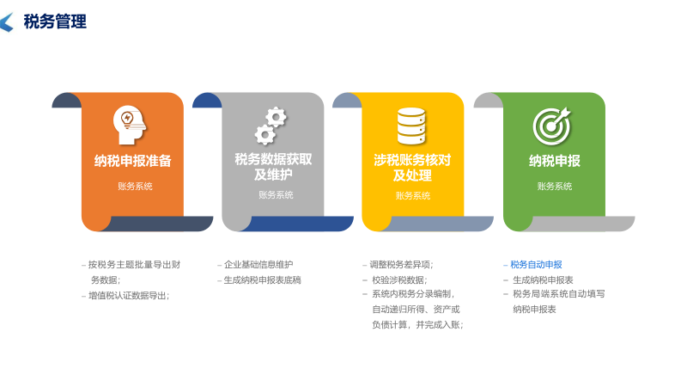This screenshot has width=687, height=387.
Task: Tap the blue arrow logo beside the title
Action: (x=7, y=22)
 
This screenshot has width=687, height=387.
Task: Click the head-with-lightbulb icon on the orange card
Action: (x=130, y=125)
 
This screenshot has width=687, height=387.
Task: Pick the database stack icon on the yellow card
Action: (x=411, y=126)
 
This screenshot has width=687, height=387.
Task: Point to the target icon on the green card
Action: (x=551, y=126)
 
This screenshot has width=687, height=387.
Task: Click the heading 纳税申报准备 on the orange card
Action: (x=133, y=160)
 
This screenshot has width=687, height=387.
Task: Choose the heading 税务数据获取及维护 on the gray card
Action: (x=273, y=167)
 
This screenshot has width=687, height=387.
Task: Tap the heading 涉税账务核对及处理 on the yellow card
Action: (x=412, y=167)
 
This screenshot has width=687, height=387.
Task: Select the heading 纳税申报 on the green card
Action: (x=554, y=161)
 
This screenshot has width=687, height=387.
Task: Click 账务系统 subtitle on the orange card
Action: (x=135, y=186)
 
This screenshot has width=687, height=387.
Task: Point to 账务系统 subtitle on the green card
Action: (x=555, y=186)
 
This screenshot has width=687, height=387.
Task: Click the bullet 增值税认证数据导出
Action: (x=128, y=295)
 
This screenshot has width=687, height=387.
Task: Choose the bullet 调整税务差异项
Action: (x=401, y=264)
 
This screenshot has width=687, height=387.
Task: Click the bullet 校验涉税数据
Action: (x=398, y=279)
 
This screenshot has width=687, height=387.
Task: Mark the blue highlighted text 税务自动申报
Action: (x=536, y=264)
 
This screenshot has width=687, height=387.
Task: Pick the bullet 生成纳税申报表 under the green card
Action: (x=543, y=279)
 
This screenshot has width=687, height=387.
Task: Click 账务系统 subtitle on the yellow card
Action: (x=413, y=195)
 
